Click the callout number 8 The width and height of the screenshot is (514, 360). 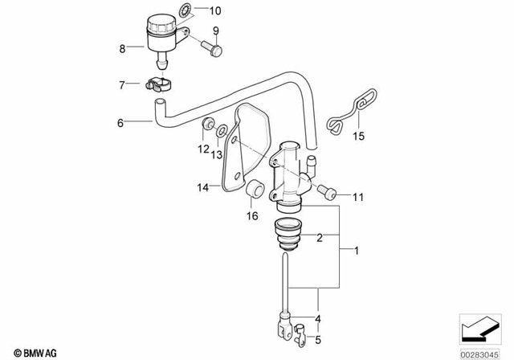(x=123, y=49)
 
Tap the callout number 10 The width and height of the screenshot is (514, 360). (x=214, y=11)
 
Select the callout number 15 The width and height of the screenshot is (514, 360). (x=359, y=137)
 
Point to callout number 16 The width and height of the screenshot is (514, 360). (x=252, y=216)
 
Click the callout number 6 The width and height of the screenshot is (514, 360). (x=122, y=123)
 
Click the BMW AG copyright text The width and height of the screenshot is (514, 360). (x=25, y=351)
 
